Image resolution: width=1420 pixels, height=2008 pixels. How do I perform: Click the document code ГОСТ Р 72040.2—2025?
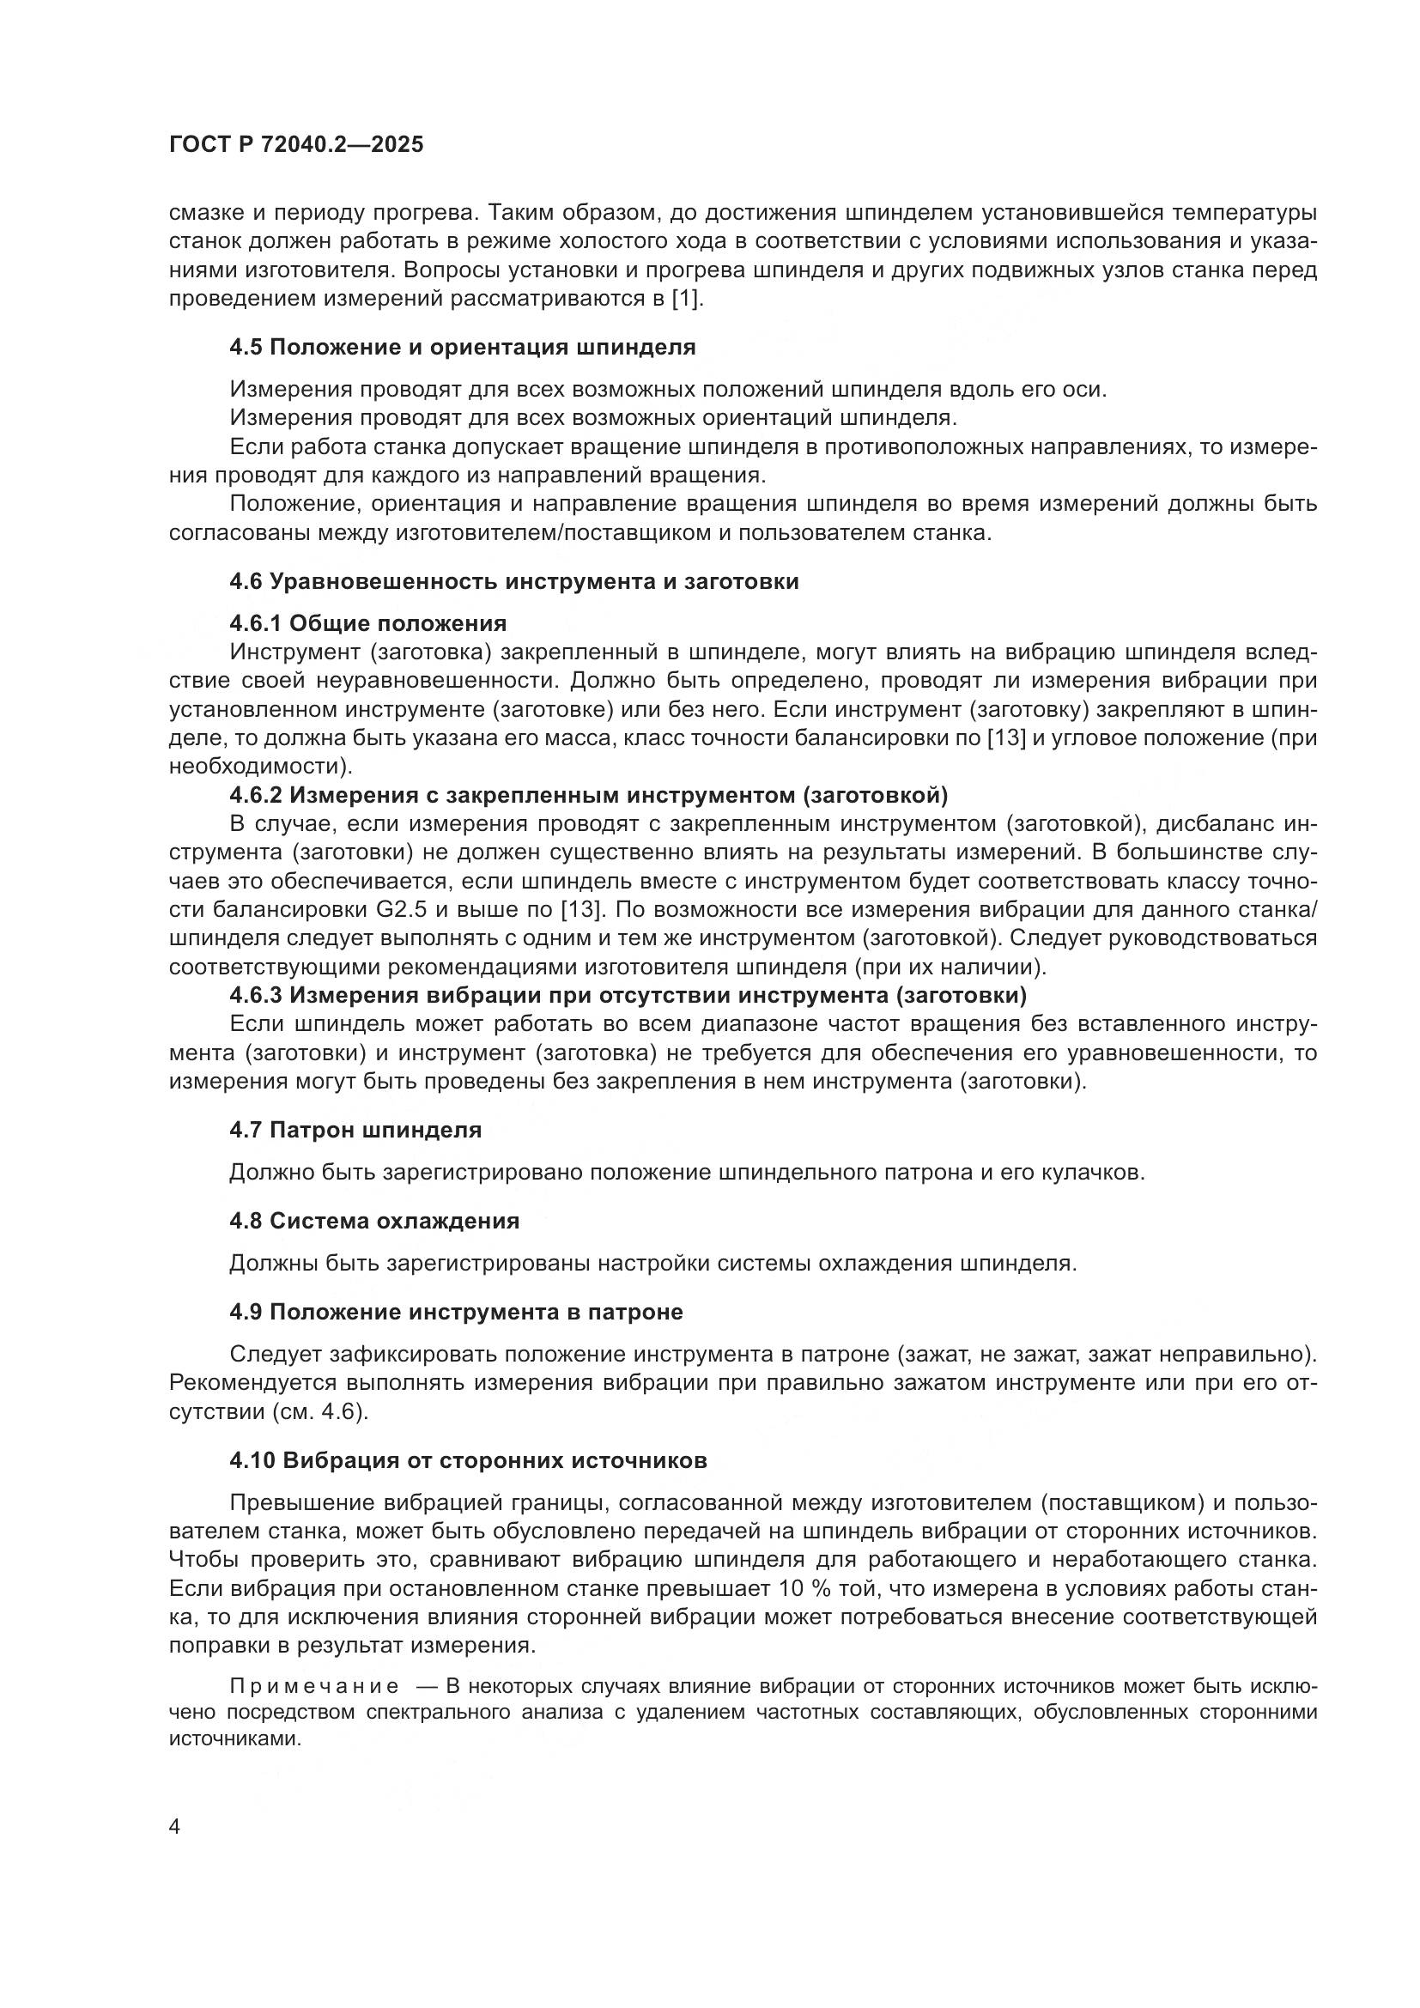tap(295, 145)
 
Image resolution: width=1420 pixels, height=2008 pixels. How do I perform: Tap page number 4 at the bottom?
tap(175, 1827)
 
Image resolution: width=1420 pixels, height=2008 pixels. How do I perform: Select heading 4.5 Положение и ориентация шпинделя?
tap(463, 347)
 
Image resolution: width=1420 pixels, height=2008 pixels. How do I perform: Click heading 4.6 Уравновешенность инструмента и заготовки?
tap(514, 581)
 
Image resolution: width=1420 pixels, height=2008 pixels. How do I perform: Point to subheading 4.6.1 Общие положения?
tap(368, 623)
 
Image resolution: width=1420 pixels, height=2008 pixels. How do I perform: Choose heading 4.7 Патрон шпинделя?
tap(355, 1130)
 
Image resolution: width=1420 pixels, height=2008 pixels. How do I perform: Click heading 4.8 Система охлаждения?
tap(374, 1221)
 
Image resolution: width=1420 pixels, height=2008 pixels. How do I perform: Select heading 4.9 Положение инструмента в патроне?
tap(457, 1312)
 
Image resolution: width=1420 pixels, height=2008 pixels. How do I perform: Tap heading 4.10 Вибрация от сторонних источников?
tap(469, 1460)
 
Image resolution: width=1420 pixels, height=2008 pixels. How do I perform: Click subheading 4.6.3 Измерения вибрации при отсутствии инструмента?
tap(628, 995)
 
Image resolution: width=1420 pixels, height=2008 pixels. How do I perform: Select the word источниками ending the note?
tap(233, 1738)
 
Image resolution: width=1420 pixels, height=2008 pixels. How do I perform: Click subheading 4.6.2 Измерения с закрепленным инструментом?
tap(588, 795)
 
